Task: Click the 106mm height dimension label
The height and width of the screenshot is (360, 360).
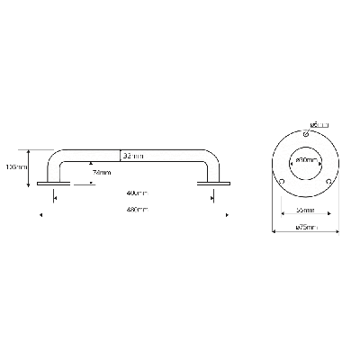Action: (x=14, y=166)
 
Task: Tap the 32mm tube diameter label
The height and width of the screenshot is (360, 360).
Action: (x=132, y=156)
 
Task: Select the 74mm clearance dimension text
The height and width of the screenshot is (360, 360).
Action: (x=102, y=172)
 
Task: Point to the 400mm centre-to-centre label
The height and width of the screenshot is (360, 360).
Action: (x=137, y=193)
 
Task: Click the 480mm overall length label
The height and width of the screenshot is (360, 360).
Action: (x=137, y=209)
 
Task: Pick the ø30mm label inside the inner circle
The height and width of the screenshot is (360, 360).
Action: (x=306, y=159)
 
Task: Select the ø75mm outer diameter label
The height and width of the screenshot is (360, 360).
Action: (x=306, y=228)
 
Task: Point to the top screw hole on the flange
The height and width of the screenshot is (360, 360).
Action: (x=306, y=134)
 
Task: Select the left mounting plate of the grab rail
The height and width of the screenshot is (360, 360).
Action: (x=54, y=185)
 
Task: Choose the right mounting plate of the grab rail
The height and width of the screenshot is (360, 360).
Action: (x=211, y=185)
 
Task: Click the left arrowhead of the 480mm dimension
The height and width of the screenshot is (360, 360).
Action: (x=40, y=214)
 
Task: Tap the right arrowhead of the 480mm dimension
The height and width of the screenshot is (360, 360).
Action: (x=226, y=214)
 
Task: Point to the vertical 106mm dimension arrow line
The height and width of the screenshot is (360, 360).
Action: (x=31, y=167)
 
